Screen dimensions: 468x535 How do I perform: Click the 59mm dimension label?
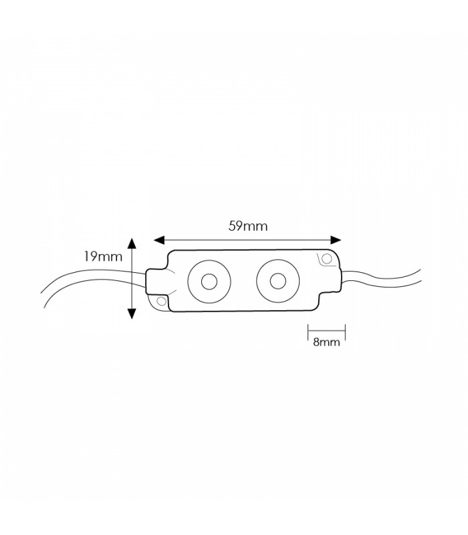click(x=248, y=226)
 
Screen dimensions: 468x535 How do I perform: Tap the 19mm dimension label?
click(x=103, y=256)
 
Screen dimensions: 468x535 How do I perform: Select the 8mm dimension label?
click(x=326, y=342)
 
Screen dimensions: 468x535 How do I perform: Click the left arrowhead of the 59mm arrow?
click(x=159, y=240)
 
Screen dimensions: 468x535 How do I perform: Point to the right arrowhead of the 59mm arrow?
click(x=336, y=240)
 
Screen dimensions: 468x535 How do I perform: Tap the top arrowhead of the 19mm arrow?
click(x=132, y=243)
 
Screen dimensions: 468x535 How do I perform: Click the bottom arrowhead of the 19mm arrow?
click(x=132, y=314)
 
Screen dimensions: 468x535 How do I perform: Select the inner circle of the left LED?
click(x=209, y=282)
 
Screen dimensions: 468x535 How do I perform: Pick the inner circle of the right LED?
click(x=278, y=281)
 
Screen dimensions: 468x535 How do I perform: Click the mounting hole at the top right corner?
click(x=327, y=259)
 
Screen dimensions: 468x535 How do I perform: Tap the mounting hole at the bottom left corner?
click(x=161, y=301)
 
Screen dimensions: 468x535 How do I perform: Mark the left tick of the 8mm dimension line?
click(x=308, y=332)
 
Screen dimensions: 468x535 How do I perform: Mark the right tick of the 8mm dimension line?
click(x=345, y=332)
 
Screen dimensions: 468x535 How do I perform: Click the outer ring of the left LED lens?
click(x=188, y=282)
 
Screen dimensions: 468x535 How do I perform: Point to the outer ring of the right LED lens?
click(x=257, y=281)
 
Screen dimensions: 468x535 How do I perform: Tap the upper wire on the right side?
click(x=382, y=278)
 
